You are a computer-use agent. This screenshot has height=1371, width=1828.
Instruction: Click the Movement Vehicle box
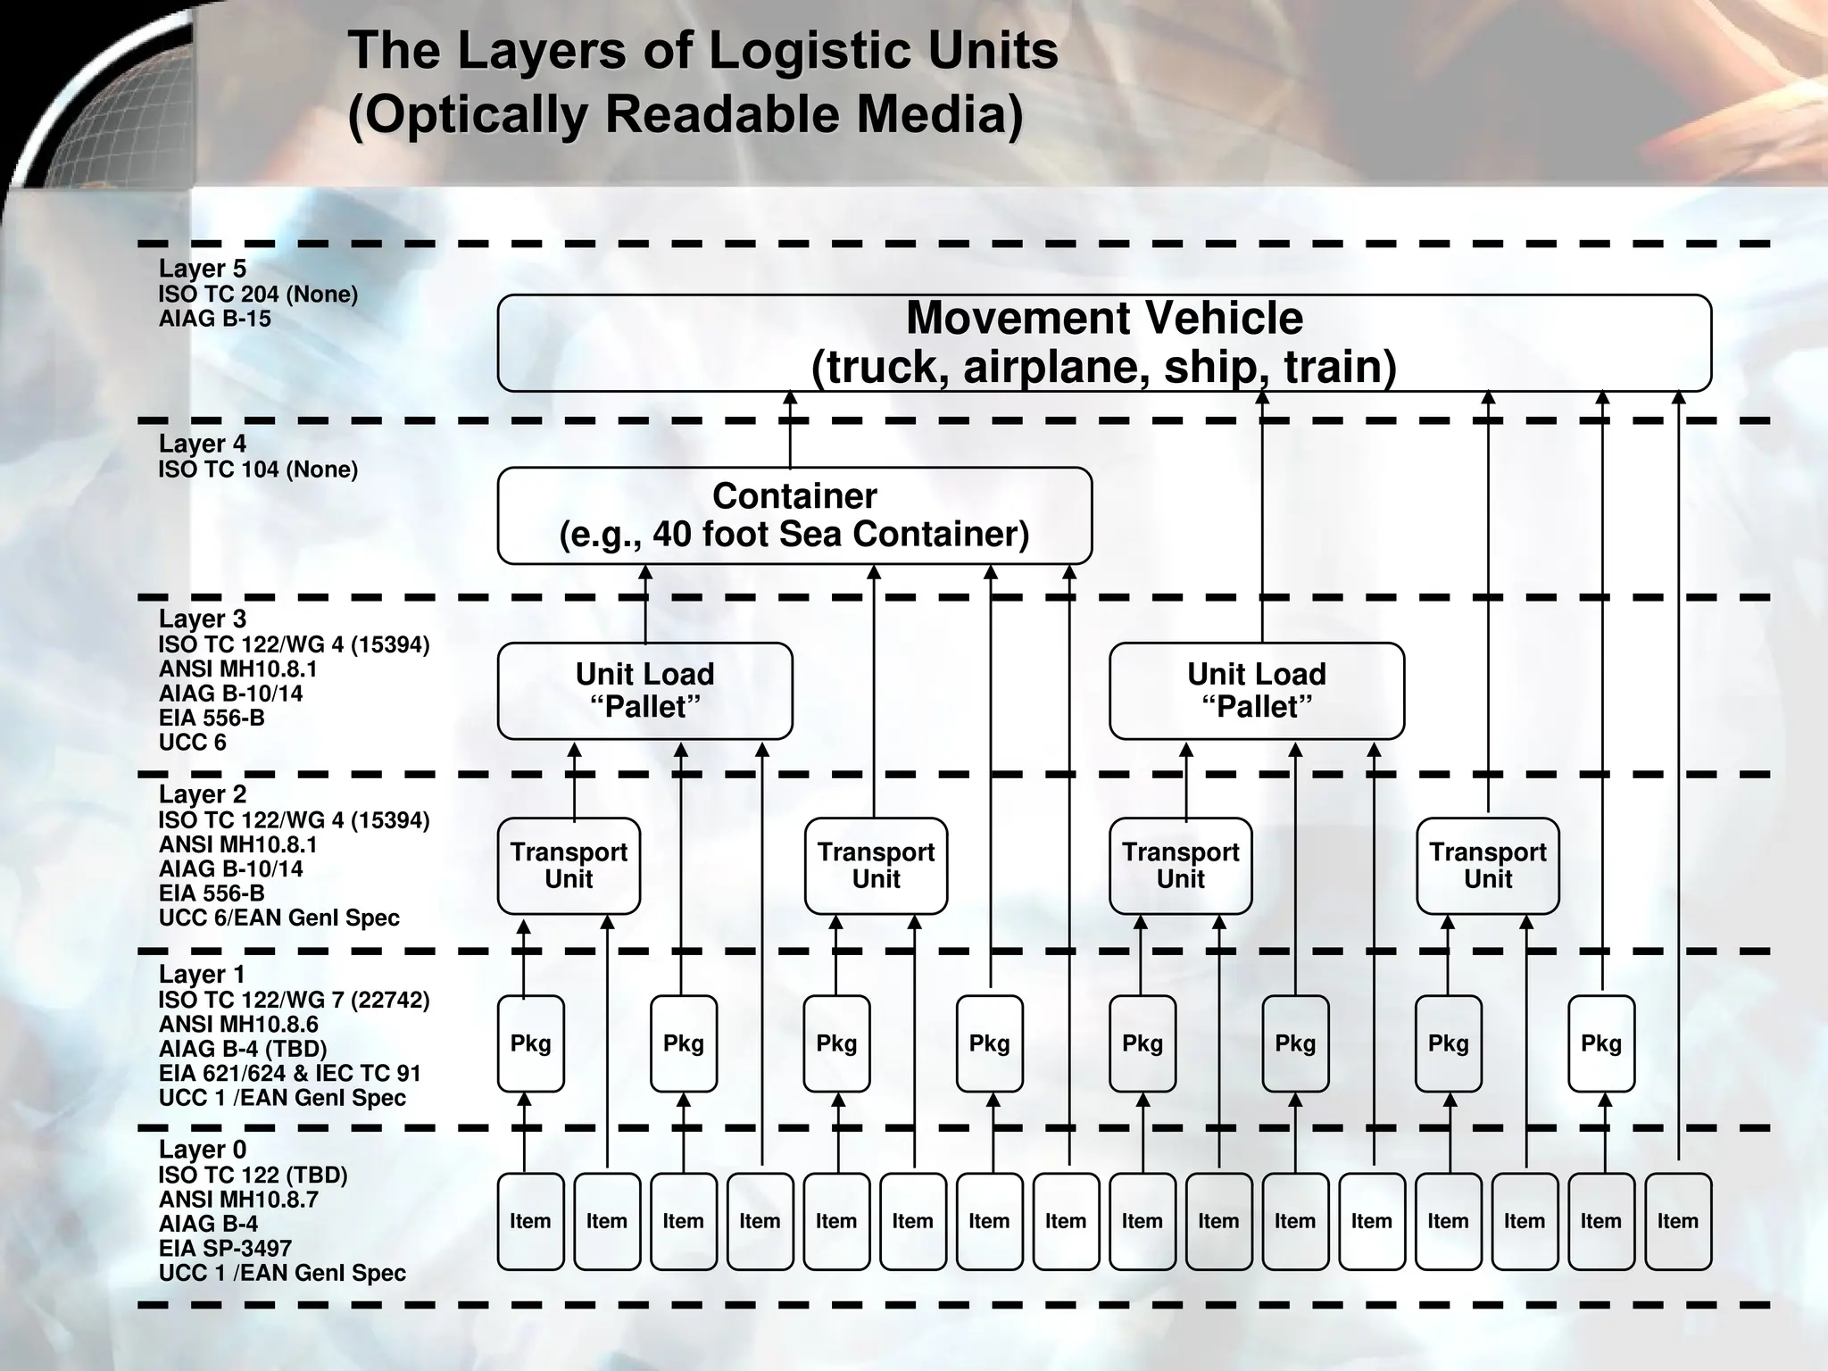(1104, 343)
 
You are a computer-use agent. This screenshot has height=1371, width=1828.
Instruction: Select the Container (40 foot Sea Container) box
(794, 515)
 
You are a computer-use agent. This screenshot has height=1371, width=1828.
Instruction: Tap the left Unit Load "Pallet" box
(644, 690)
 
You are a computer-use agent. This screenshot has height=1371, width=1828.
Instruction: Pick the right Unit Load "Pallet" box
(1256, 690)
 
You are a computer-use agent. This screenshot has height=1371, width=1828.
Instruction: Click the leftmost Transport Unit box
(569, 865)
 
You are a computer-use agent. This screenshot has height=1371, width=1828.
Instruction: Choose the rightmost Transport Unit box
(1488, 865)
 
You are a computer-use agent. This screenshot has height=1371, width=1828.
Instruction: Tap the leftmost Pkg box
(530, 1043)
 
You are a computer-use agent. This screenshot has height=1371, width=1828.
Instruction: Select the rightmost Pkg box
(1601, 1043)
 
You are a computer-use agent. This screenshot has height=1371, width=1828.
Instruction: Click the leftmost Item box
(530, 1220)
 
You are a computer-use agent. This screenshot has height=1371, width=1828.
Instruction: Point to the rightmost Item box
(1678, 1220)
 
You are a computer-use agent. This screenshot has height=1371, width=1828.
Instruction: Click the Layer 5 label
(203, 269)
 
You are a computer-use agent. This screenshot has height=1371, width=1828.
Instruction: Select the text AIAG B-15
(214, 319)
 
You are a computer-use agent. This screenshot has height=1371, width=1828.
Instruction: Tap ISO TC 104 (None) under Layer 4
(258, 469)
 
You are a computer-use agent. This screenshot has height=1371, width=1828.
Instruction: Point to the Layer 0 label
(203, 1150)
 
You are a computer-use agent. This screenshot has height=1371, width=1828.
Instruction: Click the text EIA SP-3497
(225, 1248)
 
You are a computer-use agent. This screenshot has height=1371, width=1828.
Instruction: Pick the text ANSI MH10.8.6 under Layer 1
(238, 1024)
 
